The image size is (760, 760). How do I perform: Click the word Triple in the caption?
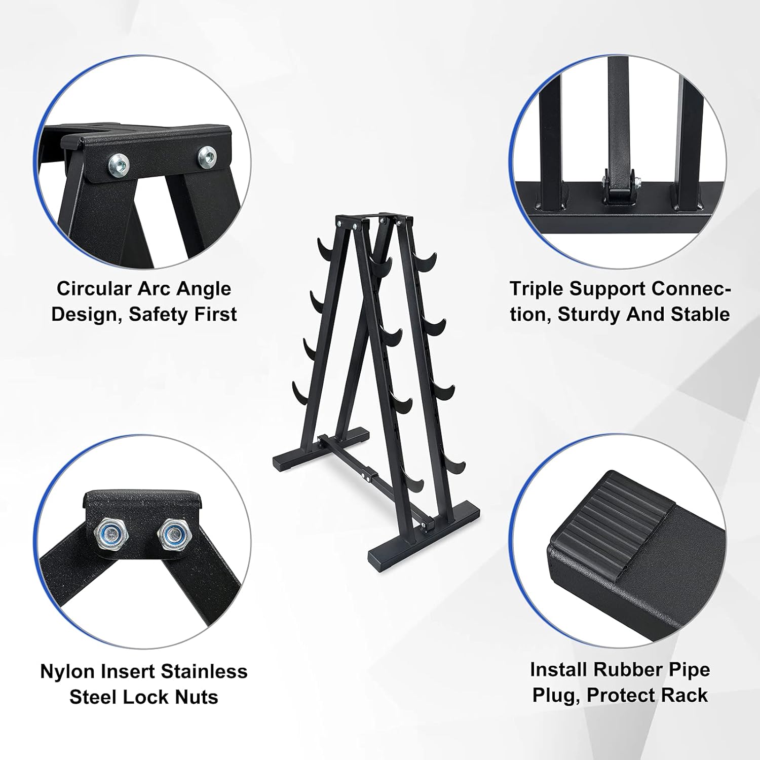click(537, 289)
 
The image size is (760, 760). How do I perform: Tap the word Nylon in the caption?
click(68, 672)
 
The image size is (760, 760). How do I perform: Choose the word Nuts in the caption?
click(197, 697)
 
